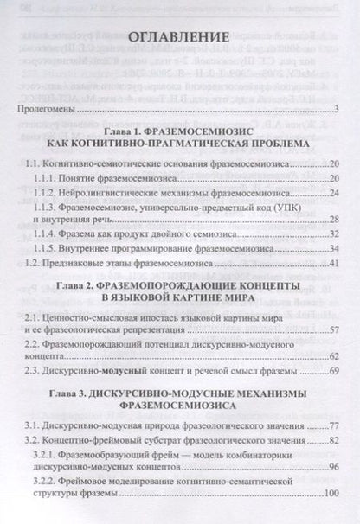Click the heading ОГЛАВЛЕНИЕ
(180, 39)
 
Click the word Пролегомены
(48, 111)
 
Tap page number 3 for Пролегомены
(334, 111)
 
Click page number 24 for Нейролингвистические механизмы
(331, 191)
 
